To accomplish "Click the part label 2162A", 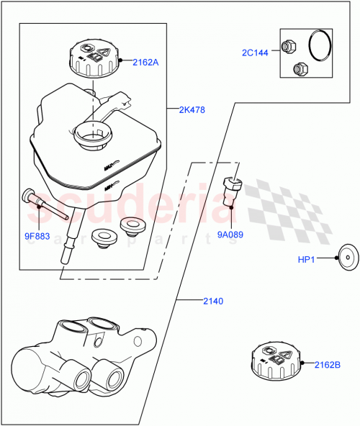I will tap(145, 62).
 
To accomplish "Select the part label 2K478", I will tap(192, 110).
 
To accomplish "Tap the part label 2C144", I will tap(255, 53).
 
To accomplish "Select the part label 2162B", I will tap(326, 365).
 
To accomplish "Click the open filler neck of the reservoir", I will tap(93, 133).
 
